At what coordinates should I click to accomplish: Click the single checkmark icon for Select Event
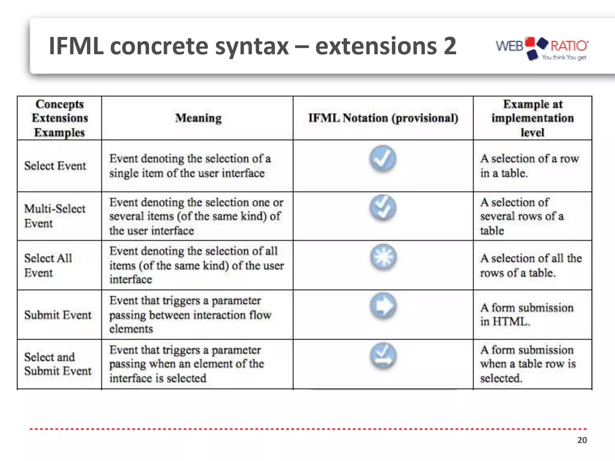point(383,158)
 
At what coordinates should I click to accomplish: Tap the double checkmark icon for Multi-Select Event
point(383,208)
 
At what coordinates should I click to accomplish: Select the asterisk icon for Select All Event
point(383,257)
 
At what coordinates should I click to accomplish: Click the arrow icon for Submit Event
point(383,306)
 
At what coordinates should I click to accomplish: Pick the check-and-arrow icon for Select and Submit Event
point(383,356)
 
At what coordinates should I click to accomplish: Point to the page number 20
point(582,440)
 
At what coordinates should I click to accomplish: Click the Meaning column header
point(198,118)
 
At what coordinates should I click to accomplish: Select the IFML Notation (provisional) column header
point(383,118)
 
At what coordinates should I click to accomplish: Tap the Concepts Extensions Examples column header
point(59,118)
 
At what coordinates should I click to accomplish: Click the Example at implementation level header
point(532,118)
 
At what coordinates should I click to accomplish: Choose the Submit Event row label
point(58,315)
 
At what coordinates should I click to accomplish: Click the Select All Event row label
point(48,265)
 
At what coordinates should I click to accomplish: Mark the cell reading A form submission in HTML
point(526,315)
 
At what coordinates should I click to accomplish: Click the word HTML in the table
point(510,322)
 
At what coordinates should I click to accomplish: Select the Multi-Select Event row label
point(55,216)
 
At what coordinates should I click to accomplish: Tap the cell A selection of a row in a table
point(529,166)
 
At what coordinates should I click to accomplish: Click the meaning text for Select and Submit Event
point(186,364)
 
